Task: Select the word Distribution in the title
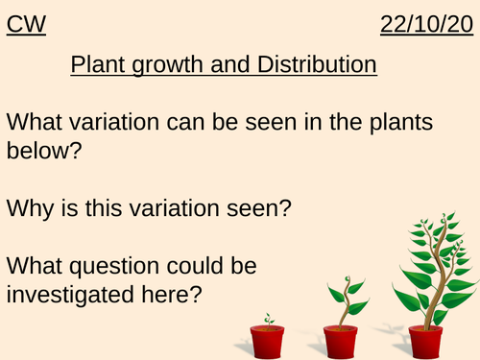[315, 66]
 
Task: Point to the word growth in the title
[180, 67]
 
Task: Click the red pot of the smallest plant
[267, 340]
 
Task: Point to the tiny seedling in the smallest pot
[268, 318]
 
